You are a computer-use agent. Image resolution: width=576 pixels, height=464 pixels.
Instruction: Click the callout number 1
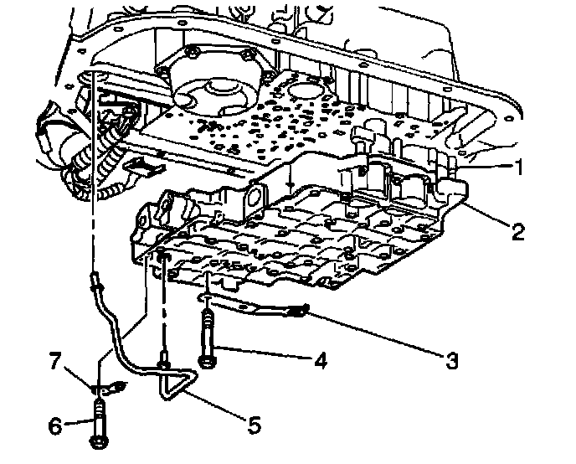519,168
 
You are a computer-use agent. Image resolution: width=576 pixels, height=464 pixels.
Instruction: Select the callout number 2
519,232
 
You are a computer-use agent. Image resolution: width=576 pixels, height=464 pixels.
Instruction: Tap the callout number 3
451,362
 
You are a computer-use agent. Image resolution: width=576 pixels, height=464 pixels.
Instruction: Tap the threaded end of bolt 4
205,319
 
